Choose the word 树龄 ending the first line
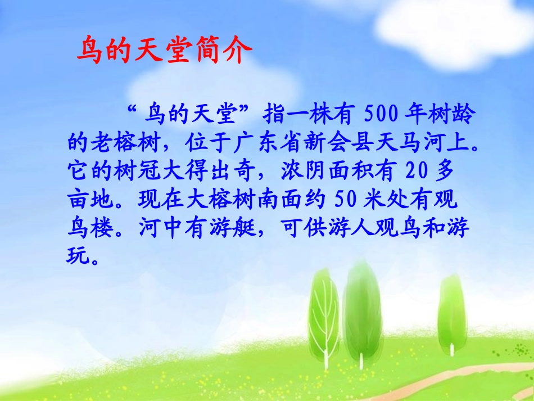457,116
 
